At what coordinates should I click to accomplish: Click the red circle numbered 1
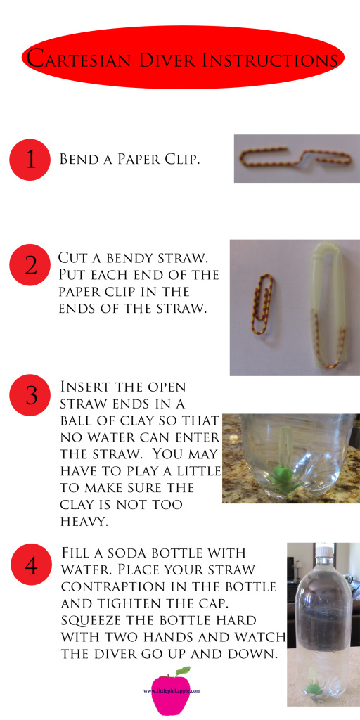click(29, 160)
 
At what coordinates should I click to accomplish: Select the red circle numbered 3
click(29, 395)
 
